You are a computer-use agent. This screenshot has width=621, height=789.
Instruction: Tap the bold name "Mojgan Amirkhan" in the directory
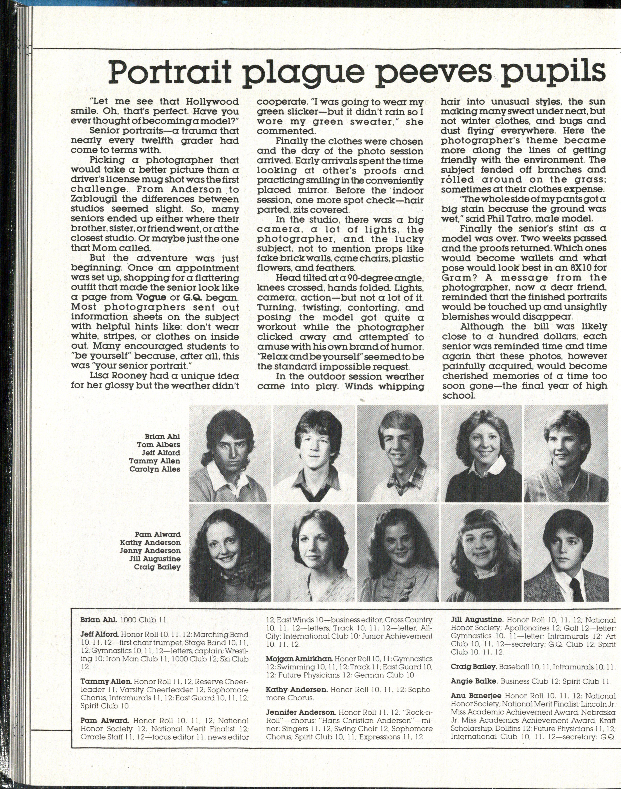[x=299, y=659]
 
